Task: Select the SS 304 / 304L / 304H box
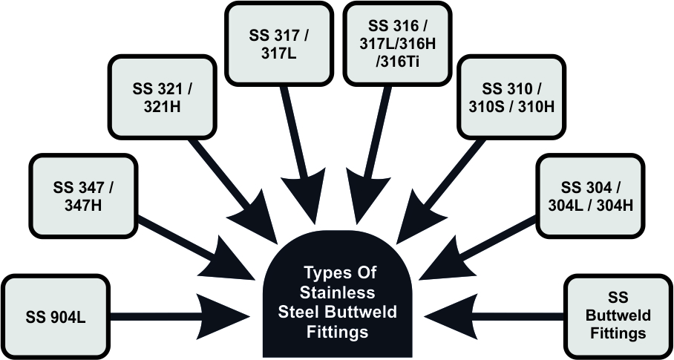587,194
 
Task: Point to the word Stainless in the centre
338,292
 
